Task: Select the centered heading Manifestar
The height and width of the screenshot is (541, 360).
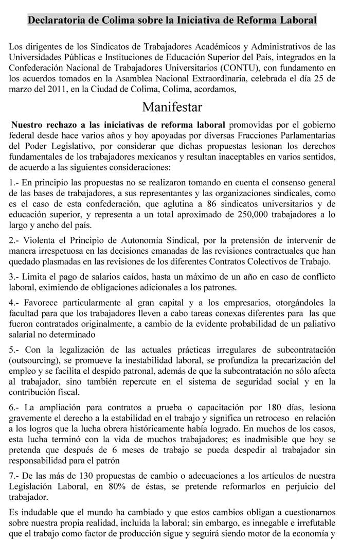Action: [x=173, y=107]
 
